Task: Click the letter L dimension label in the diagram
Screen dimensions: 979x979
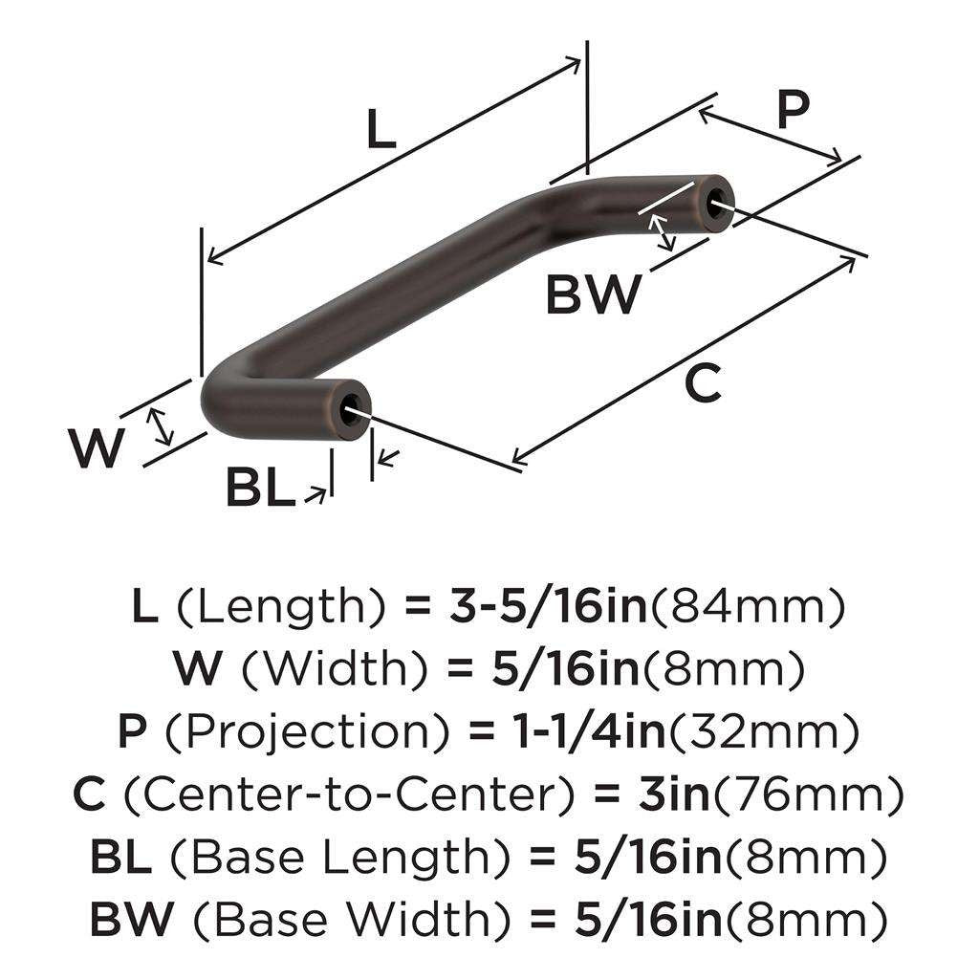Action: [x=381, y=130]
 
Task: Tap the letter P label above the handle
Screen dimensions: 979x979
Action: [x=793, y=110]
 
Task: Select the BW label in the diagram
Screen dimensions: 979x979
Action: [x=593, y=294]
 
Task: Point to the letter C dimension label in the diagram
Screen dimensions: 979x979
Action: [x=703, y=384]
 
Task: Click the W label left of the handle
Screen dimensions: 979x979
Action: [x=98, y=448]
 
